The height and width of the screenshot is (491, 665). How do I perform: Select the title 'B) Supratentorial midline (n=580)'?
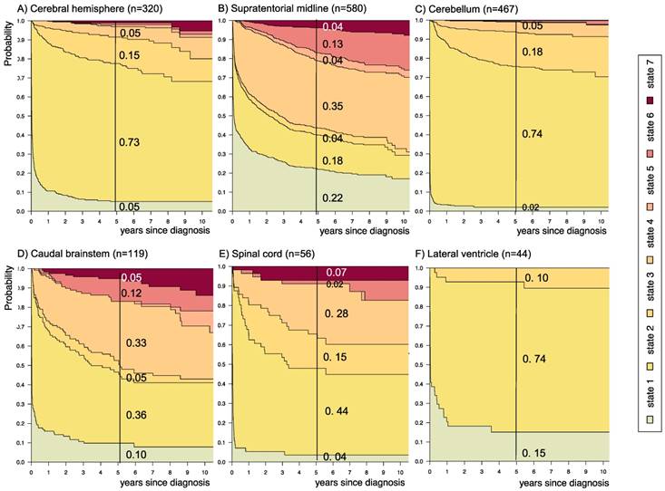point(295,9)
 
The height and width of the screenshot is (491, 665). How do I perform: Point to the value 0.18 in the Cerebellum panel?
point(532,54)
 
